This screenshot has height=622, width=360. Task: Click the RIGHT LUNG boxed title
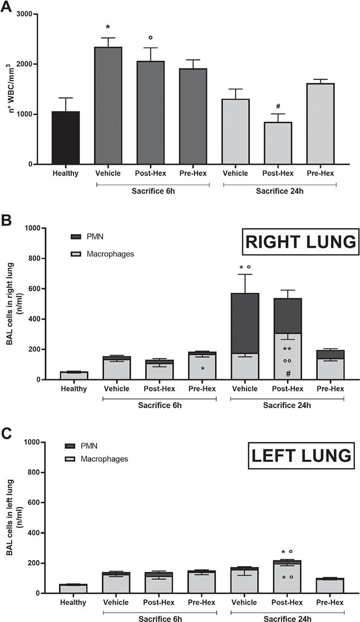tap(300, 243)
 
